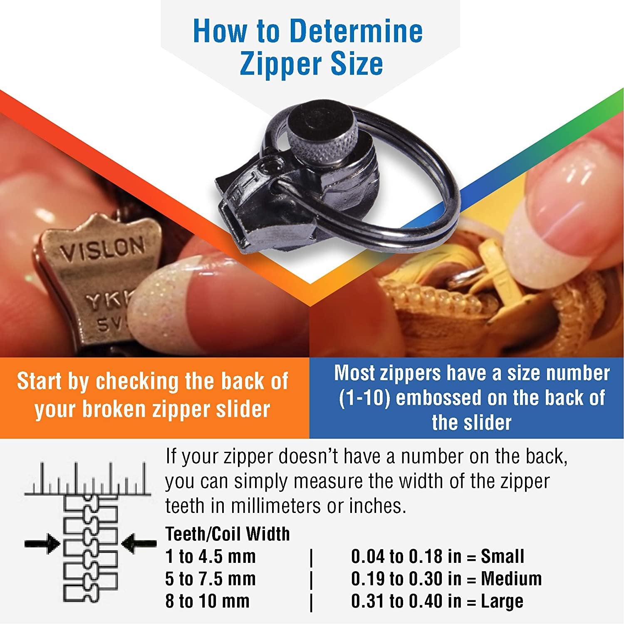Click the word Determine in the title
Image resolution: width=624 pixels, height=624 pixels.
pyautogui.click(x=357, y=31)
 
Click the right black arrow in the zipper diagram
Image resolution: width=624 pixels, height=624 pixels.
pyautogui.click(x=139, y=543)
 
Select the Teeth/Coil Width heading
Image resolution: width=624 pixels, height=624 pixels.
pyautogui.click(x=228, y=534)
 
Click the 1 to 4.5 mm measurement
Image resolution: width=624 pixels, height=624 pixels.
pyautogui.click(x=210, y=556)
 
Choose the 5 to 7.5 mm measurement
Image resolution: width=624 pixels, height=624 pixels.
pyautogui.click(x=210, y=579)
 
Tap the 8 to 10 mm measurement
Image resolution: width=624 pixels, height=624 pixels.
pyautogui.click(x=207, y=601)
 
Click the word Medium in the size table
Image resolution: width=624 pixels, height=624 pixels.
pyautogui.click(x=511, y=579)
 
